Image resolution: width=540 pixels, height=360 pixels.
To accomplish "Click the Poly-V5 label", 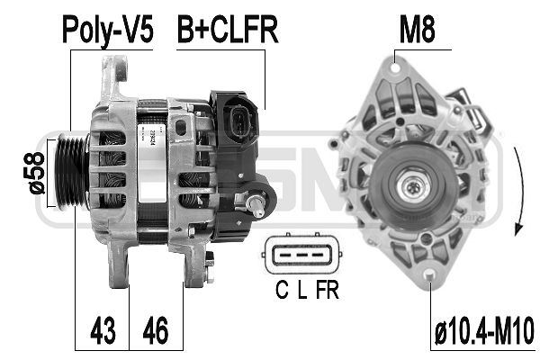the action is (x=108, y=31).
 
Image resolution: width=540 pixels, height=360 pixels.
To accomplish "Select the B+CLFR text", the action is (x=228, y=30).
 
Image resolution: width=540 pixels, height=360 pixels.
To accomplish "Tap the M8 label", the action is (x=417, y=30).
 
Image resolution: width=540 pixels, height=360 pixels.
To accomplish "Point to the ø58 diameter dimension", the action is (x=34, y=173).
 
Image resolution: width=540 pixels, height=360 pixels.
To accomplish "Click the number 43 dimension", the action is (x=103, y=330).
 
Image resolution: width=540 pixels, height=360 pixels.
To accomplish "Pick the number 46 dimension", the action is (x=156, y=330).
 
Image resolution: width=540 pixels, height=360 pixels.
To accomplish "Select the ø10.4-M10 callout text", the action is (x=484, y=331).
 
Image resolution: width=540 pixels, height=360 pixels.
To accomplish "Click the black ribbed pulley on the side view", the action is (x=72, y=171).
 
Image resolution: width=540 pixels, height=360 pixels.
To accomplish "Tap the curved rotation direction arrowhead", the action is (x=518, y=229).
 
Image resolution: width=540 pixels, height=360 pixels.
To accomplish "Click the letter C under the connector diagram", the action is (x=282, y=290).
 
